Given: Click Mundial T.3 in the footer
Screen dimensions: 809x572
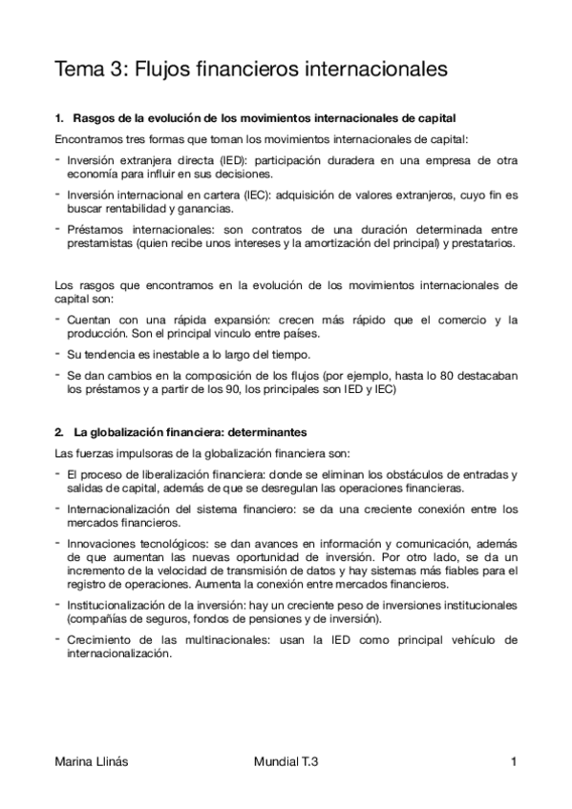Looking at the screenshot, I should [x=286, y=762].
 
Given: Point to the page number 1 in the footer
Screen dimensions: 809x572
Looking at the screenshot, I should [x=514, y=762].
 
